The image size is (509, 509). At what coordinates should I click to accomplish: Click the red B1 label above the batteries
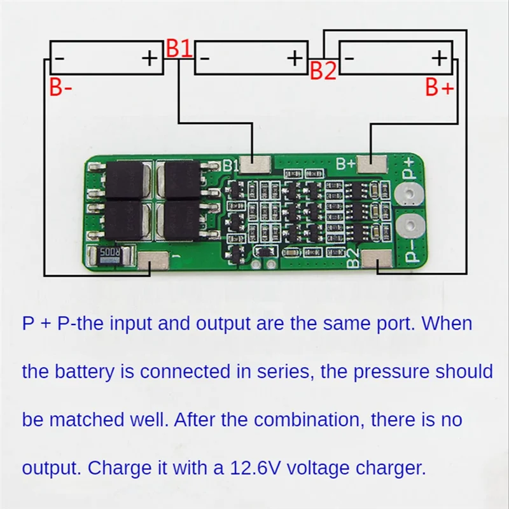pos(179,49)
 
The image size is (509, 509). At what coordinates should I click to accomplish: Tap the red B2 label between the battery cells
pos(323,71)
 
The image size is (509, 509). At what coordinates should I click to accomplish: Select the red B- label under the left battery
pos(61,88)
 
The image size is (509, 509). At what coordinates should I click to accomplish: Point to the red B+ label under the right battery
pos(440,88)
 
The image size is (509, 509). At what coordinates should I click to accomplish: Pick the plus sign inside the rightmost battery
pos(440,59)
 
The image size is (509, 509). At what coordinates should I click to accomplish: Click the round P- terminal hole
pos(410,225)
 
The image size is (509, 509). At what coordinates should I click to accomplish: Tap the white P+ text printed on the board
pos(409,169)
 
